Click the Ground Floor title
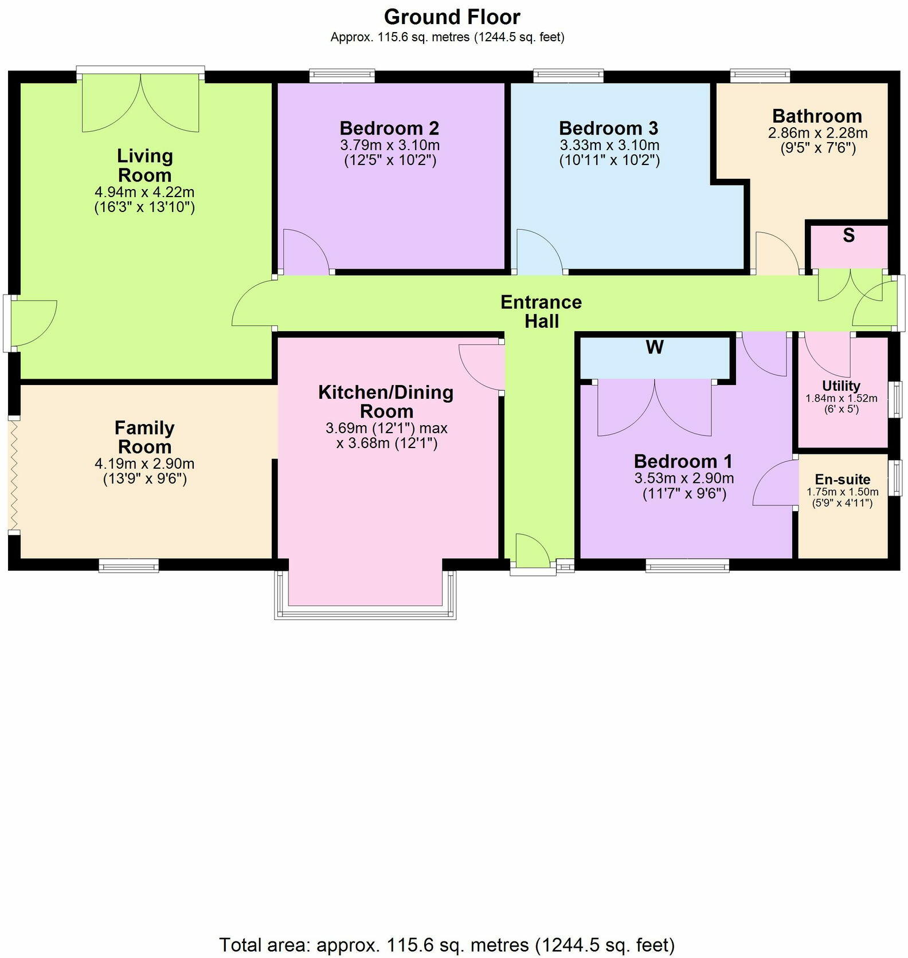pos(452,17)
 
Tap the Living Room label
pos(144,165)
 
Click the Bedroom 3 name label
pos(608,128)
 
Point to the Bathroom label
pos(817,116)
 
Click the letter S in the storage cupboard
pos(848,235)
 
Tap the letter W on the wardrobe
pos(655,347)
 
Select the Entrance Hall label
pos(541,311)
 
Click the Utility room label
pos(841,386)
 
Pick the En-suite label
pos(843,480)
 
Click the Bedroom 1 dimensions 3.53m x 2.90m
pos(684,478)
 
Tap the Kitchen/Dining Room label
pos(386,402)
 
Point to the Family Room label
pos(144,437)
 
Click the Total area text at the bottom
pos(447,944)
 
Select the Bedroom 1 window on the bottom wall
pos(687,566)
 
